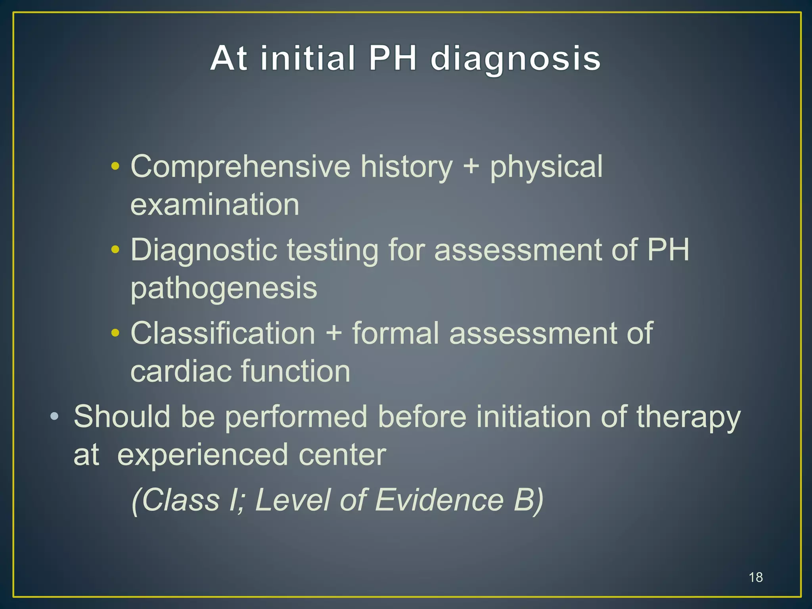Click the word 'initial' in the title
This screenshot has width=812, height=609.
(x=307, y=59)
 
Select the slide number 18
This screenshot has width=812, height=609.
(x=756, y=577)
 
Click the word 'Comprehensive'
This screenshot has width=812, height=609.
(x=240, y=167)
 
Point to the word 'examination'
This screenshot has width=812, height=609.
(x=214, y=205)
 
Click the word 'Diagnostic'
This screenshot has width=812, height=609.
(x=204, y=250)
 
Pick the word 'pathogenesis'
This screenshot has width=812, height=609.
(x=224, y=288)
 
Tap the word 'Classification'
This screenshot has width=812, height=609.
(x=223, y=333)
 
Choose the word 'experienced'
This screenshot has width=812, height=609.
(x=203, y=455)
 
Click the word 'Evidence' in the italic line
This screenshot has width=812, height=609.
(x=439, y=500)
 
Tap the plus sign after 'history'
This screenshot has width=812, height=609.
(x=471, y=167)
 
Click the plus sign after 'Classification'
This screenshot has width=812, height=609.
(x=333, y=333)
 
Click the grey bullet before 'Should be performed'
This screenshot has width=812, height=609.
(x=54, y=416)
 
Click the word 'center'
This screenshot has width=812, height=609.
(x=342, y=455)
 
